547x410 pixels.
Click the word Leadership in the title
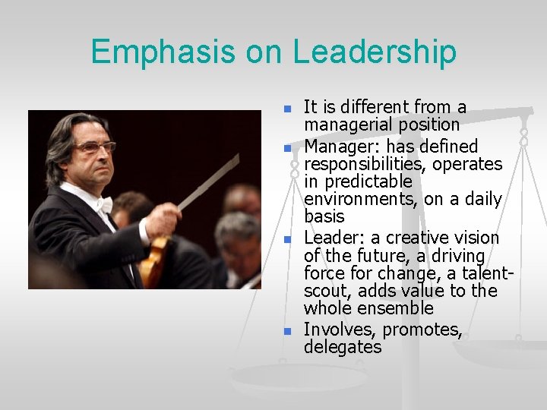click(375, 52)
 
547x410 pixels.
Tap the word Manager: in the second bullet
click(338, 146)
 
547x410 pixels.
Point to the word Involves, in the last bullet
click(340, 330)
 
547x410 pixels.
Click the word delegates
click(342, 348)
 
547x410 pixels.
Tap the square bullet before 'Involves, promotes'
click(287, 332)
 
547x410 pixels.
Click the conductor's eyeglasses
click(93, 147)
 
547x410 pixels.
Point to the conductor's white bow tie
click(103, 204)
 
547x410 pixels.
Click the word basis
click(324, 217)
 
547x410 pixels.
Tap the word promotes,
click(423, 330)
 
